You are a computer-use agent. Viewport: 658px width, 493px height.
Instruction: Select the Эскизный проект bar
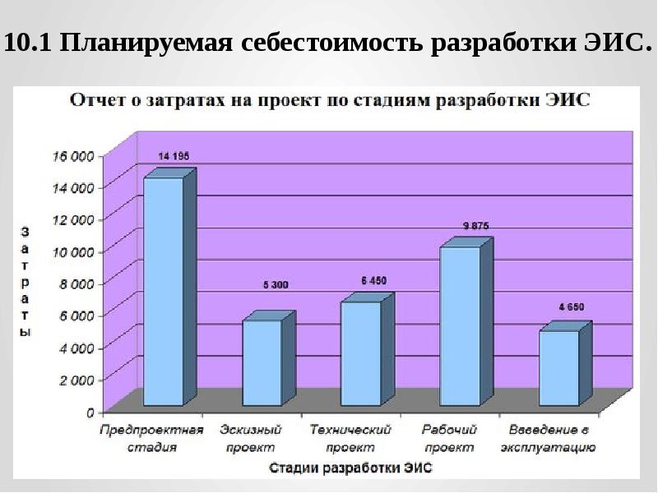(269, 358)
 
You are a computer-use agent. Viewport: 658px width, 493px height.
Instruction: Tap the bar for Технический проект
(367, 349)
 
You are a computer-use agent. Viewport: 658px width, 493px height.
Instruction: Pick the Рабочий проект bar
(466, 321)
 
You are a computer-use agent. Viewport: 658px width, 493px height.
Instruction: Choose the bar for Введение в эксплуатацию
(565, 363)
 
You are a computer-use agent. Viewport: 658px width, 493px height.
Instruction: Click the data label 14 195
(174, 156)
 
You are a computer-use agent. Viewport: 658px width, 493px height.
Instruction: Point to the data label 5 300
(276, 285)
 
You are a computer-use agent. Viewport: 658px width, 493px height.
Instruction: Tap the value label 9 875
(476, 226)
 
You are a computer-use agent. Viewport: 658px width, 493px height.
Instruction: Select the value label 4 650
(571, 306)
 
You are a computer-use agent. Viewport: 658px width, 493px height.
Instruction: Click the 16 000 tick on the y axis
(72, 156)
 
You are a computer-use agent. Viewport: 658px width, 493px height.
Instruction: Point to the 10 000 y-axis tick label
(72, 252)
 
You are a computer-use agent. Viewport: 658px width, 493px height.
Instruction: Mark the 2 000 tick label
(76, 380)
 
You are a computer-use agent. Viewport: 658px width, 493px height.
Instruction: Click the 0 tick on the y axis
(90, 413)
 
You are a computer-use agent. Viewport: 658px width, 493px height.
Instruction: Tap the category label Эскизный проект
(251, 439)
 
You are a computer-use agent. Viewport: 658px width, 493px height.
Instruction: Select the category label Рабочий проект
(449, 439)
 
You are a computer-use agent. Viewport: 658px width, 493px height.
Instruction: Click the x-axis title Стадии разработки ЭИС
(350, 468)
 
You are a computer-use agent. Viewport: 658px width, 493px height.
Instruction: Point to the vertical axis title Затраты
(25, 282)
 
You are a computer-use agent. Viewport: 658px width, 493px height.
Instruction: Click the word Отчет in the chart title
(95, 100)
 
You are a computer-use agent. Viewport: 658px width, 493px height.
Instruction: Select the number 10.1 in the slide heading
(27, 43)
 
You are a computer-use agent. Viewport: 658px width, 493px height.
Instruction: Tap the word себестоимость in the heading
(332, 43)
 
